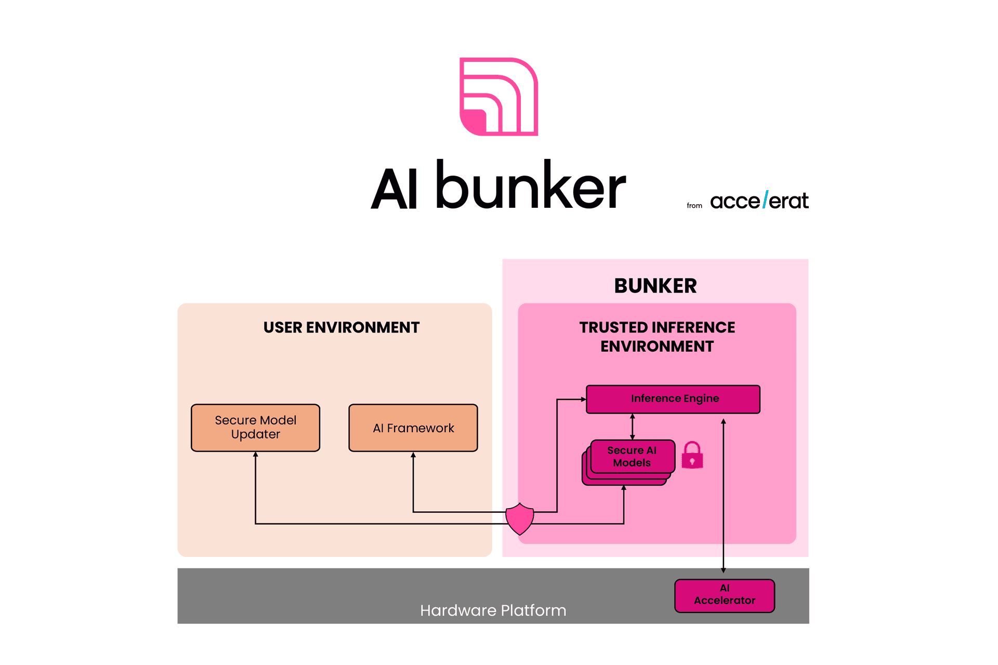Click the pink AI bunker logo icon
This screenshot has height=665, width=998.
coord(498,97)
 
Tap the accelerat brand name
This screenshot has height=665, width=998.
coord(759,201)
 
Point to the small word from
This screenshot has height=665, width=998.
coord(694,206)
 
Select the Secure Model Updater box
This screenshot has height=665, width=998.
coord(255,428)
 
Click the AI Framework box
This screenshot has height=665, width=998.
coord(413,428)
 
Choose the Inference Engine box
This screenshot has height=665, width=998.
coord(673,399)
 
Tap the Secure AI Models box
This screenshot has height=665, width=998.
coord(632,457)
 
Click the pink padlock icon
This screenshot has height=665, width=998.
coord(692,456)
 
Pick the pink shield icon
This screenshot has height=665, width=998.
coord(520,518)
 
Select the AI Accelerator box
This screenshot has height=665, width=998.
coord(725,595)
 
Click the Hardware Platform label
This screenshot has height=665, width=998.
coord(493,610)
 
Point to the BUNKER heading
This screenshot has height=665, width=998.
coord(655,286)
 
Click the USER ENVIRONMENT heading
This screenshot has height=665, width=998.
coord(341,327)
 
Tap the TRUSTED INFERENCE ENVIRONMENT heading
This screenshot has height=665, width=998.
coord(657,337)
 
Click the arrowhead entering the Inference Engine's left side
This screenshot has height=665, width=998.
coord(583,400)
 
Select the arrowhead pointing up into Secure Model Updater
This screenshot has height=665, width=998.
coord(255,455)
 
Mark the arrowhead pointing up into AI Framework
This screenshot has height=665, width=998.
coord(413,455)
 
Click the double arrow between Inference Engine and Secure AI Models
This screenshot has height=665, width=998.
coord(632,427)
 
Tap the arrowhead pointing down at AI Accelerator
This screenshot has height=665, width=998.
coord(723,570)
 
